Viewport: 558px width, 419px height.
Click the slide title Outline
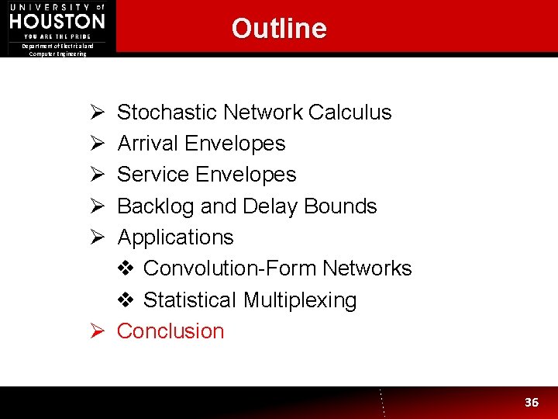[279, 29]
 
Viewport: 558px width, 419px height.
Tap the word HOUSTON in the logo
[57, 20]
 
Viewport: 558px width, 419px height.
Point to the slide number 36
[532, 402]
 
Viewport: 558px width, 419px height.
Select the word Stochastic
[167, 113]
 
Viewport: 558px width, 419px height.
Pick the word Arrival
[146, 144]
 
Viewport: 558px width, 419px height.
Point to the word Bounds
[340, 206]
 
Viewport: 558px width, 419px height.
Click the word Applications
[175, 237]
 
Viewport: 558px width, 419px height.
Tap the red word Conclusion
[170, 331]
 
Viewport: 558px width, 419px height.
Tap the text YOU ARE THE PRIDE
[57, 36]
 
